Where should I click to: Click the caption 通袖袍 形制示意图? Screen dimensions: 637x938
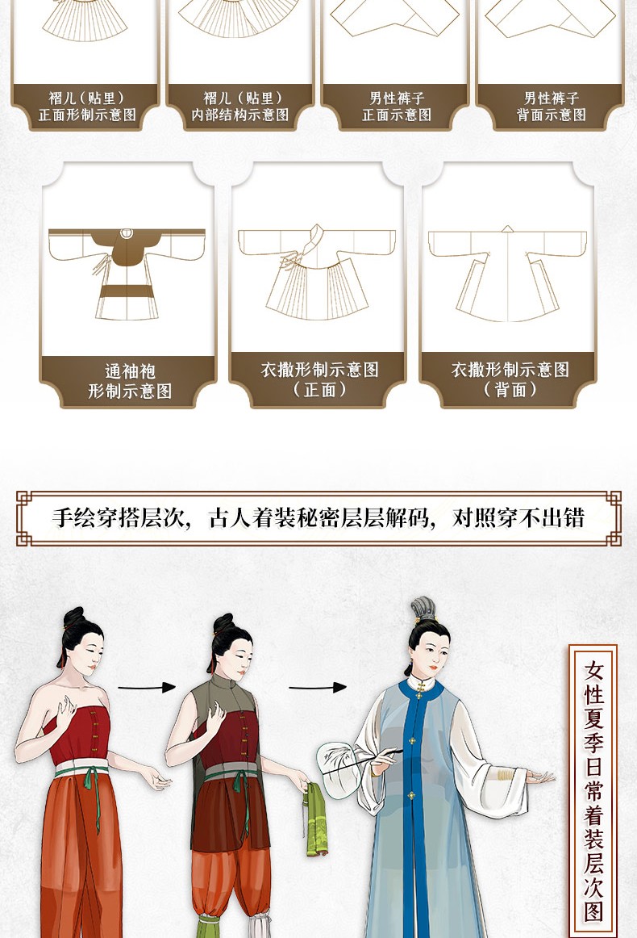130,381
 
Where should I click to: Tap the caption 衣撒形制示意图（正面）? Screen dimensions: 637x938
319,379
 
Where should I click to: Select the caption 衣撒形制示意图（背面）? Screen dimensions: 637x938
510,379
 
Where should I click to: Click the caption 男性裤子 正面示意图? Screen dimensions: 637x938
396,106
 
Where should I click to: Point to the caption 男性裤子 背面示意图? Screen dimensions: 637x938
551,106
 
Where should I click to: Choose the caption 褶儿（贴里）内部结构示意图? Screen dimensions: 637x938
241,106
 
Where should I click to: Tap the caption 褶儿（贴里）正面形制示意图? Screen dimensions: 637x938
87,106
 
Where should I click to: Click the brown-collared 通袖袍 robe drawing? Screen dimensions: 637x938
127,274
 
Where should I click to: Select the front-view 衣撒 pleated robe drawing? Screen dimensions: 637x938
317,272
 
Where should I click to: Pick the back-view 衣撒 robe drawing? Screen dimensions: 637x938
507,274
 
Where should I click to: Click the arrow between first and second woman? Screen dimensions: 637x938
147,687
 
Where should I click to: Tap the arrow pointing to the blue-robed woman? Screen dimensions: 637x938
318,687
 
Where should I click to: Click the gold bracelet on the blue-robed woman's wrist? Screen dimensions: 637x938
506,775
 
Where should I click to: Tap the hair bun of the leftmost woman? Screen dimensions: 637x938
74,618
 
